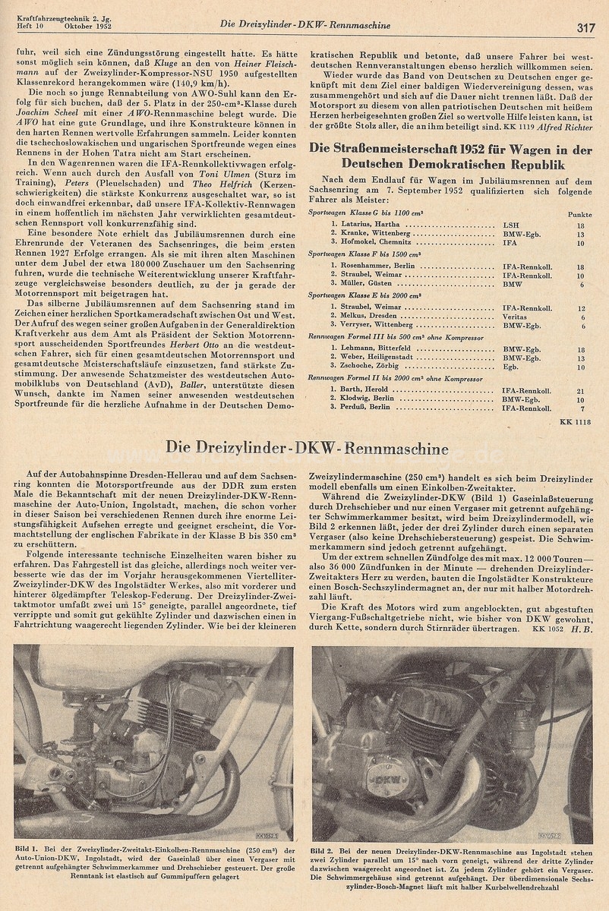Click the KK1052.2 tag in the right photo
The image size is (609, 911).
[550, 836]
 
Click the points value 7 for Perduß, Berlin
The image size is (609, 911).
[582, 408]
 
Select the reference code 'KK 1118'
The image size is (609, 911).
[575, 421]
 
